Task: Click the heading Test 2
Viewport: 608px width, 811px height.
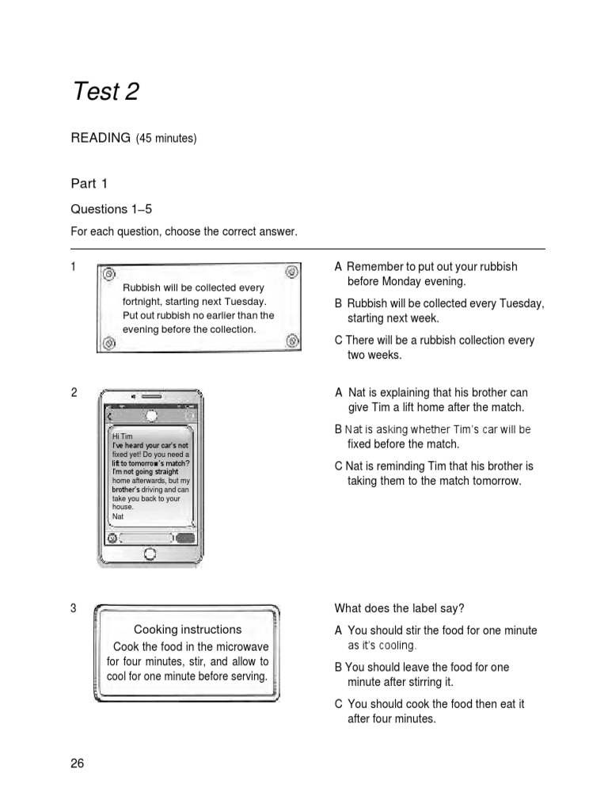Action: coord(105,92)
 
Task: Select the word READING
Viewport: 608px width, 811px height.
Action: coord(101,138)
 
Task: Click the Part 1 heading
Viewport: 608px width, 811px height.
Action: coord(89,184)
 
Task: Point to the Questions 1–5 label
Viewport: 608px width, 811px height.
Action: coord(111,209)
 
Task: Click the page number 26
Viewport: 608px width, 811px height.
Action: coord(77,763)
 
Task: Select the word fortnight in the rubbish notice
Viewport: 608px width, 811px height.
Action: coord(142,302)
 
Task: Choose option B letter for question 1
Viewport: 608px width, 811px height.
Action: coord(339,303)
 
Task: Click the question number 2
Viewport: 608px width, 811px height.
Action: coord(74,393)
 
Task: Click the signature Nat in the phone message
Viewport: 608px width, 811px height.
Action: coord(118,516)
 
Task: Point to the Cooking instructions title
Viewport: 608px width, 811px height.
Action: coord(188,630)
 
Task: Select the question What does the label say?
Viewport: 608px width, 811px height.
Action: coord(399,608)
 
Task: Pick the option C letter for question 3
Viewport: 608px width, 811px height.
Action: coord(339,703)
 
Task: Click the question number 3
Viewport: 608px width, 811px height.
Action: coord(74,608)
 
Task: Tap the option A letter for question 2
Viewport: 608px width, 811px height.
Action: coord(339,393)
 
